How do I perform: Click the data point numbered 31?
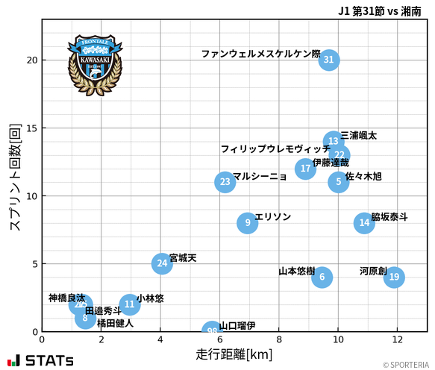(x=328, y=60)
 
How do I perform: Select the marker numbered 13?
(x=334, y=141)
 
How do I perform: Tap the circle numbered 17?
(x=305, y=169)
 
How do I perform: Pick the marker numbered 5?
(x=338, y=181)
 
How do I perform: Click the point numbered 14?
(x=363, y=222)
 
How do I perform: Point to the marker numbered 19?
(x=394, y=277)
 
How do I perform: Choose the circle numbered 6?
(x=322, y=277)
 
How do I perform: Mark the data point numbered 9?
(x=247, y=222)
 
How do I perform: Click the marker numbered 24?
(x=162, y=263)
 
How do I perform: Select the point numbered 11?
(x=129, y=304)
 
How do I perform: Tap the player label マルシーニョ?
(x=260, y=176)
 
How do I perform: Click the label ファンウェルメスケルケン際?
(x=260, y=54)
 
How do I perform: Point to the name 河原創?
(x=372, y=271)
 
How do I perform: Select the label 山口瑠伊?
(x=237, y=325)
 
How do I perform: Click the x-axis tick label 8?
(x=278, y=339)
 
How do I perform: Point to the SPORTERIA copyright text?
(x=407, y=365)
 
